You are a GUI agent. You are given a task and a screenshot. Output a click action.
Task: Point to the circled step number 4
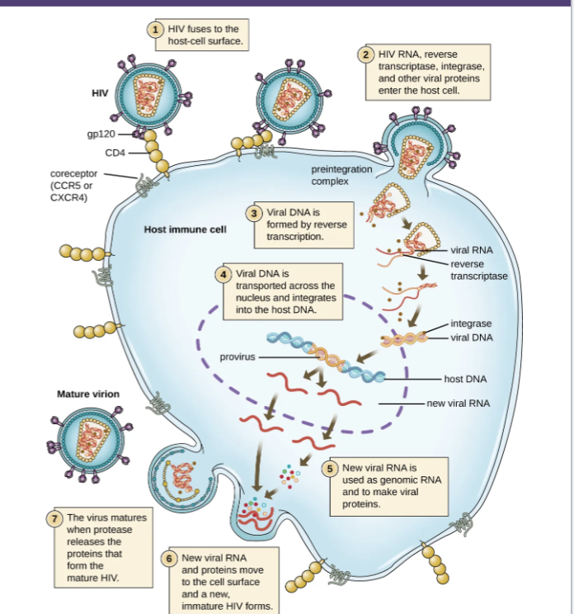(x=223, y=273)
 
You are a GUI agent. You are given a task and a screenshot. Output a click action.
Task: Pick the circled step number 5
(x=332, y=468)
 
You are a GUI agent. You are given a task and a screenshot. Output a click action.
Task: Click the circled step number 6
(x=171, y=558)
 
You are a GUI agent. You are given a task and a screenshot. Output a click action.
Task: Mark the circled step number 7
(x=55, y=518)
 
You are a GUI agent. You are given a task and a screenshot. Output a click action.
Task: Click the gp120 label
(x=101, y=133)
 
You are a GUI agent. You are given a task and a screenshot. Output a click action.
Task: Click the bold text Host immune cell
(x=185, y=229)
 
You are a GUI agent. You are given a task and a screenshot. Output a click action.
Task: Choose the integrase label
(x=471, y=324)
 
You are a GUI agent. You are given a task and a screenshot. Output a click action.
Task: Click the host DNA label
(x=465, y=379)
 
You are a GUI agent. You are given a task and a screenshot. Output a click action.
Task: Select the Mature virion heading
(x=87, y=394)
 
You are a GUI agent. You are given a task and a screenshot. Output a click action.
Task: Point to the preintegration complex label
(x=341, y=174)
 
